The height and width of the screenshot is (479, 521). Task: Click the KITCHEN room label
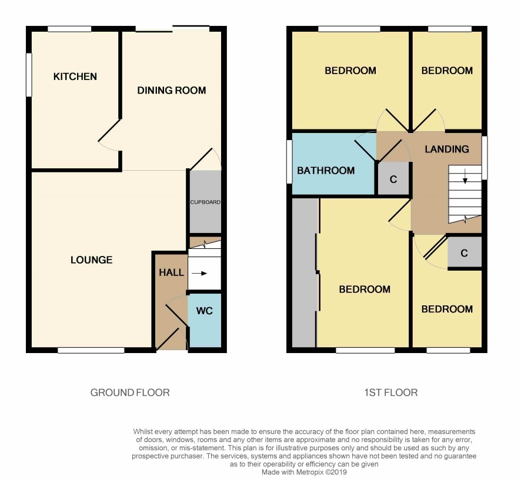point(75,76)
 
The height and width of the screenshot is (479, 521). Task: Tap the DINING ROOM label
point(172,91)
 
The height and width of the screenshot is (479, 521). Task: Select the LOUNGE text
point(91,260)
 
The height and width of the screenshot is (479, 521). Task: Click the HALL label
point(171,272)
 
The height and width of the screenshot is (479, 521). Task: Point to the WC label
point(205,311)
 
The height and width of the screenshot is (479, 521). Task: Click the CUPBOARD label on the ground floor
point(205,202)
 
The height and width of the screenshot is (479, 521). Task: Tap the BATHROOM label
point(326,171)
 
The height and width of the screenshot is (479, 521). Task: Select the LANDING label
point(447,149)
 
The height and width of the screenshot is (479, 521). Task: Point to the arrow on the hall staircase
point(199,274)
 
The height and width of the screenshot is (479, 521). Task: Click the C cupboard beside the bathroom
point(393,178)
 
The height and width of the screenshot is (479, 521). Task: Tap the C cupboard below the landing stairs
point(465,252)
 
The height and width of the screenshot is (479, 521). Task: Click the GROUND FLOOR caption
point(130,392)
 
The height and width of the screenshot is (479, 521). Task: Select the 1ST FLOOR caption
point(390,392)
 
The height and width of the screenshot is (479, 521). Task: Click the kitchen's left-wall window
point(29,75)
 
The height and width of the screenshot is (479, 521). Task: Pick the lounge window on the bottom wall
point(91,350)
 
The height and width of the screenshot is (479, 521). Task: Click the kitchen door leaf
point(109,130)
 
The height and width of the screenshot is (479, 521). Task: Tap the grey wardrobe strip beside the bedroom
point(304,273)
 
